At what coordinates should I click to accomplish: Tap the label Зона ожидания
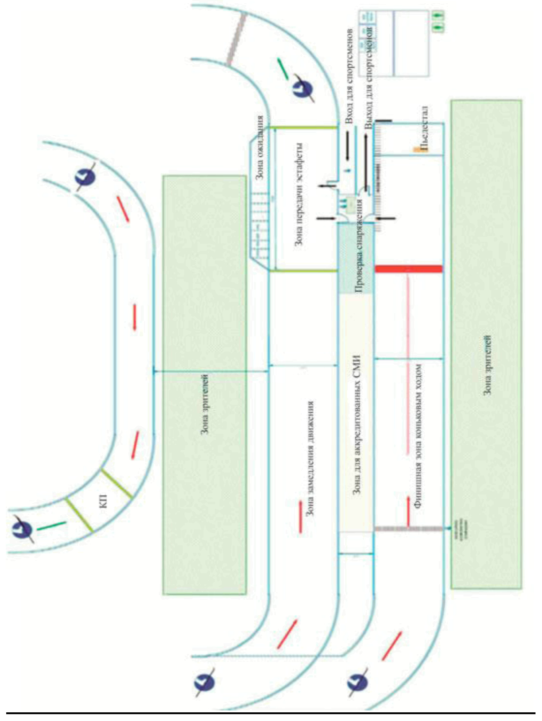[260, 147]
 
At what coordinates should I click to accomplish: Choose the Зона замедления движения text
[310, 459]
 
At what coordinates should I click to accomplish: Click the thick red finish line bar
[409, 269]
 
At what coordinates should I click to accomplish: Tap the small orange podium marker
[417, 150]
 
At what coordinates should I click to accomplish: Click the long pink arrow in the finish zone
[407, 363]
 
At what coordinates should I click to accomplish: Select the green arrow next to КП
[51, 526]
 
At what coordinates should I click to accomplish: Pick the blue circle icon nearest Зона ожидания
[303, 89]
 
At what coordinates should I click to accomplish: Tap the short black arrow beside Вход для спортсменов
[347, 145]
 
